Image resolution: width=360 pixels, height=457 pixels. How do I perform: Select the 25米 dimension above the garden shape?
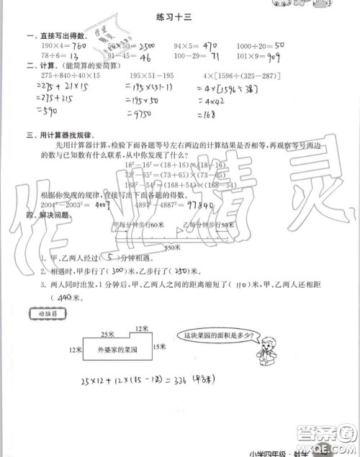[x=109, y=335]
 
